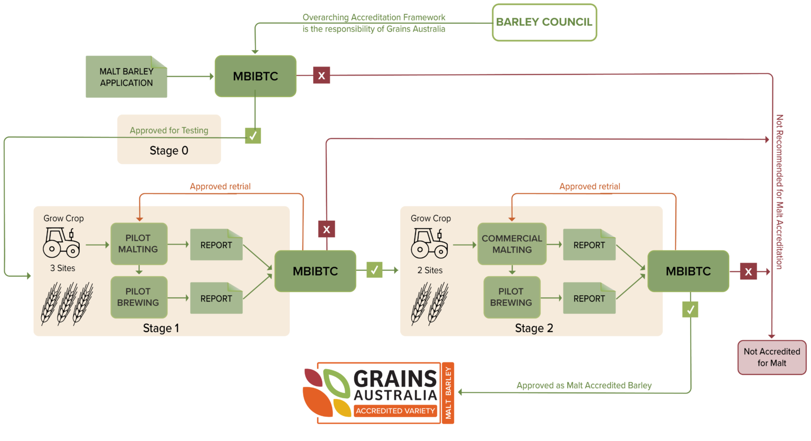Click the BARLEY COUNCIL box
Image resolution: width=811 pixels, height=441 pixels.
[x=544, y=22]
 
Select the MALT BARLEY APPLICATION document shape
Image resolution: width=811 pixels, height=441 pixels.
[x=126, y=77]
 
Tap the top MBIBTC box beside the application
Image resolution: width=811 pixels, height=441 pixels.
[x=256, y=76]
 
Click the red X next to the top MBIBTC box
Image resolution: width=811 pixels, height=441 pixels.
[x=321, y=76]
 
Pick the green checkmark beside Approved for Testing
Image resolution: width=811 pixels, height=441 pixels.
[x=253, y=136]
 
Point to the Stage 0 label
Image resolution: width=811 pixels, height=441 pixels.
[x=169, y=151]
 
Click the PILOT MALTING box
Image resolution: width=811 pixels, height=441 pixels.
[x=138, y=243]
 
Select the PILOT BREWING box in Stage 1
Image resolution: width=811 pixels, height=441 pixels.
[x=138, y=297]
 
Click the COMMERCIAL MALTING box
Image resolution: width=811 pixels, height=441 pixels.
[x=512, y=244]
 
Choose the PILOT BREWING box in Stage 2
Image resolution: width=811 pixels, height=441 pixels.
[x=511, y=297]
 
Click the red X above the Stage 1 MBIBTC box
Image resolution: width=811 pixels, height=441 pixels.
[x=326, y=229]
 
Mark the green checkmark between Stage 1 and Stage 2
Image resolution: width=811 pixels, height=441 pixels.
[x=374, y=270]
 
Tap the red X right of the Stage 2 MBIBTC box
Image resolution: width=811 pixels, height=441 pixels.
[x=748, y=271]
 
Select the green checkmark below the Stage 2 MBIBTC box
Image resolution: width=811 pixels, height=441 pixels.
[x=690, y=309]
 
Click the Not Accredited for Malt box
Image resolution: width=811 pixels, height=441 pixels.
[x=771, y=358]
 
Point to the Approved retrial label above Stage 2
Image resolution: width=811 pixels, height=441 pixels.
[x=590, y=186]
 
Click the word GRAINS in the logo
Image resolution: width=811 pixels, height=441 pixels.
[x=395, y=379]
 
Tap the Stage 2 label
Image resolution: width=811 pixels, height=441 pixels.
[x=534, y=329]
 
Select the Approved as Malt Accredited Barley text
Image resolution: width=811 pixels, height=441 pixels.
[x=584, y=386]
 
